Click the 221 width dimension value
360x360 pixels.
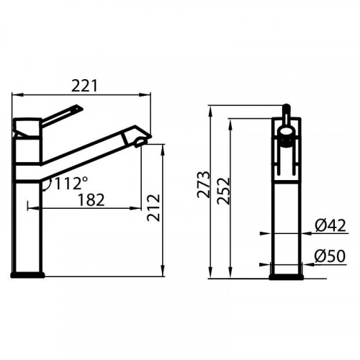pos(85,86)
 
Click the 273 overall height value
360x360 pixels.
pos(204,185)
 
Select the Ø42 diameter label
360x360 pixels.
pos(330,226)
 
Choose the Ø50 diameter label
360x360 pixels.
pos(330,256)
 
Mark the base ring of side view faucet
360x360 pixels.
pos(27,274)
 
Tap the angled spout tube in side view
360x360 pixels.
pos(86,151)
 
